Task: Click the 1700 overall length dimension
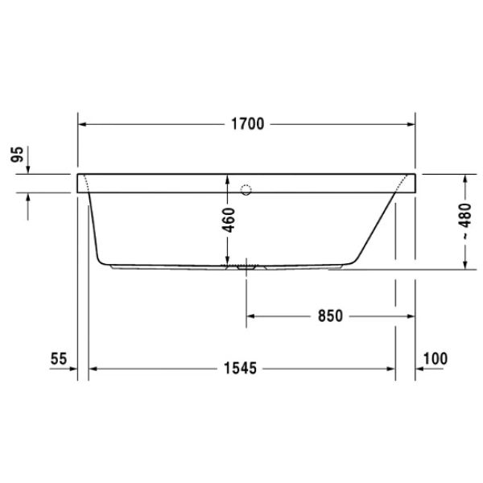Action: [247, 124]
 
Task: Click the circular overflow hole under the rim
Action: [247, 191]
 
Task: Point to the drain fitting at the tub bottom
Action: [246, 264]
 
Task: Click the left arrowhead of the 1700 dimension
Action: [83, 124]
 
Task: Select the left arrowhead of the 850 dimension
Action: [250, 316]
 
